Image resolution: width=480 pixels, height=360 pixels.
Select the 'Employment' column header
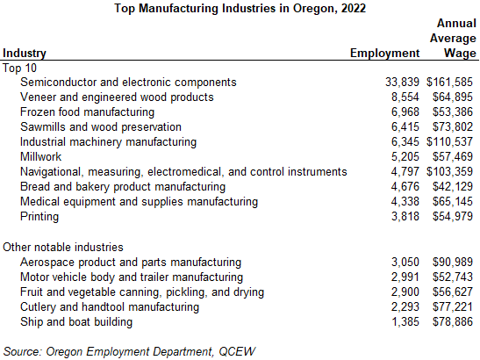(384, 54)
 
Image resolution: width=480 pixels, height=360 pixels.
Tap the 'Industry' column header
(25, 54)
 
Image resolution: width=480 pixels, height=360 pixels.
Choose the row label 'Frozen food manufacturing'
(87, 112)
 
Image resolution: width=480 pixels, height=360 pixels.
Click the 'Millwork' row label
(42, 156)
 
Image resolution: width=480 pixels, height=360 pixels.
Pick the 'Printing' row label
(39, 216)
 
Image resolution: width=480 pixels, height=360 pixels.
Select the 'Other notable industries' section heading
(63, 247)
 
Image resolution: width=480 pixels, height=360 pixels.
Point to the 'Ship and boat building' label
(76, 321)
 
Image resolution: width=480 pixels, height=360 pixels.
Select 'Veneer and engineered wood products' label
(117, 97)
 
